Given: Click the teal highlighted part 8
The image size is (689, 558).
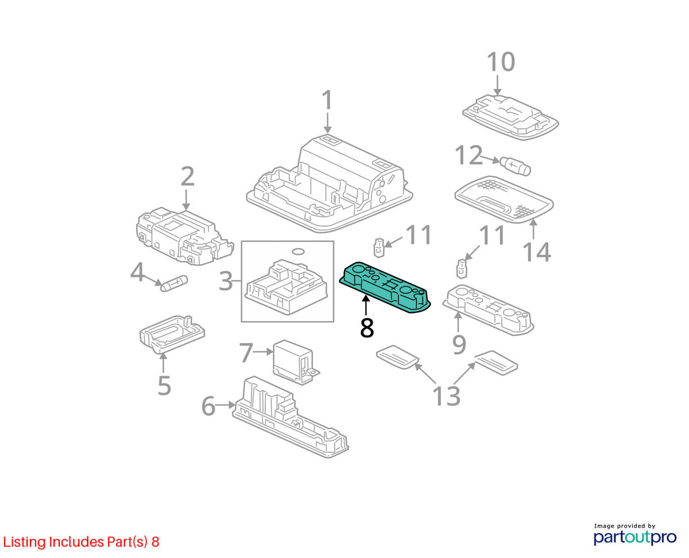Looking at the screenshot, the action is coord(384,287).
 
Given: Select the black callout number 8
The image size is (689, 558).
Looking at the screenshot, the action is coord(366,328).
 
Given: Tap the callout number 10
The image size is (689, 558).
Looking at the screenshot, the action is coord(501,62).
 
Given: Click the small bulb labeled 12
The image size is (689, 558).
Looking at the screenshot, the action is coord(515,166).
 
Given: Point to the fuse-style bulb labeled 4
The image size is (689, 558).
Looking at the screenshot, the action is coord(175,283).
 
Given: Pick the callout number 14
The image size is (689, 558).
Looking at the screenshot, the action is coord(537,252).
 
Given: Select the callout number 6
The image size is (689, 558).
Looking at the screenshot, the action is coord(208,406).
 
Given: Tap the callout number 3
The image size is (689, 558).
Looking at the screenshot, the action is coord(226,281).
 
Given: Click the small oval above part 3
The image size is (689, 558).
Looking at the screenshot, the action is coord(298,251).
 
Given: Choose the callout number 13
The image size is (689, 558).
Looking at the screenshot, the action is coord(446,396).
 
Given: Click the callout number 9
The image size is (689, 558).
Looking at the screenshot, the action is coord(459,345).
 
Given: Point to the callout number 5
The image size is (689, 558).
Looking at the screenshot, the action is coord(164,385).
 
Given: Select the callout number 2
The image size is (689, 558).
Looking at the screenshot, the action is coord(188,177).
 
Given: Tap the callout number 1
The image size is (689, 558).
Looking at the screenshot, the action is coord(327,100).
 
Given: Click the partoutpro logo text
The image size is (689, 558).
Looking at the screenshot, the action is coord(634,537).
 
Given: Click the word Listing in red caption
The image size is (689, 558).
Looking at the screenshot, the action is coord(25,542).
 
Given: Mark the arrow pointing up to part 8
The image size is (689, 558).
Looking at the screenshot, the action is coord(366,305).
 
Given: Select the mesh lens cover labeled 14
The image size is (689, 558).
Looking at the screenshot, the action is coord(504,199).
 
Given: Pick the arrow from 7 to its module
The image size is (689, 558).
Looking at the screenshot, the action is coord(263,352).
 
